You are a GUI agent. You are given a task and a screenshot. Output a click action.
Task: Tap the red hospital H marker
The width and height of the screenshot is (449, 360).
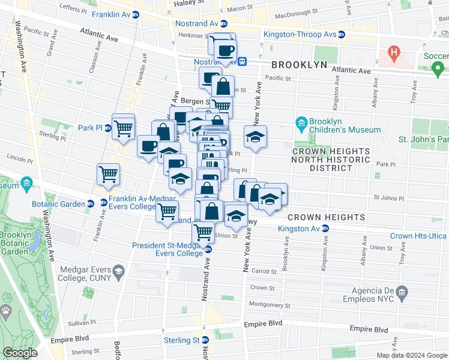click(394, 54)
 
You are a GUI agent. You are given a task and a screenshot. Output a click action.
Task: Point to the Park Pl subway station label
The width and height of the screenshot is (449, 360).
click(91, 128)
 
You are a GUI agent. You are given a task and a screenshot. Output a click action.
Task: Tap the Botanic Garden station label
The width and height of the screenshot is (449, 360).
click(60, 204)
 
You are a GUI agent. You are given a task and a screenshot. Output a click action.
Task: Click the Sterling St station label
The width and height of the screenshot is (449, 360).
click(182, 341)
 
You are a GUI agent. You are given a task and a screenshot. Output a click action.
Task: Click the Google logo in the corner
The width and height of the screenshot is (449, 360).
click(20, 353)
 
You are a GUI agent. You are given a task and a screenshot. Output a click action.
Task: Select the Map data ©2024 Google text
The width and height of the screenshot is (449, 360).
click(412, 355)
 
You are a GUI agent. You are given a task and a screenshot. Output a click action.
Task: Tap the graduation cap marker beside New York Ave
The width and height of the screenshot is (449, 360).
click(255, 137)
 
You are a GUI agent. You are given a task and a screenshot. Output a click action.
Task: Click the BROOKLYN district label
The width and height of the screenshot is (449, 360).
click(299, 64)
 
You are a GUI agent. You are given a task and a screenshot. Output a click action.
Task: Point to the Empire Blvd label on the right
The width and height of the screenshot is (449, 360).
click(369, 329)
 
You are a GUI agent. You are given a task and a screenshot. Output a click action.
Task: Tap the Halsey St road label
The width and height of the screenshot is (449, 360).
click(186, 2)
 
